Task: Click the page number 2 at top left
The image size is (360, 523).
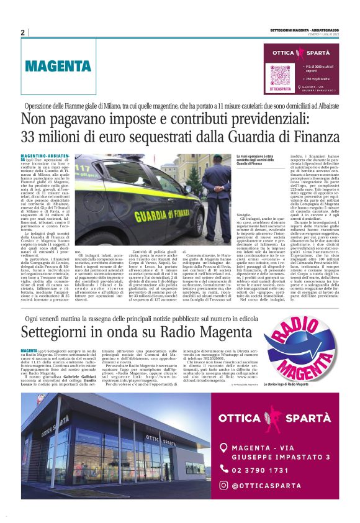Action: point(22,32)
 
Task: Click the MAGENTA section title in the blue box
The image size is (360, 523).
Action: point(59,65)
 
